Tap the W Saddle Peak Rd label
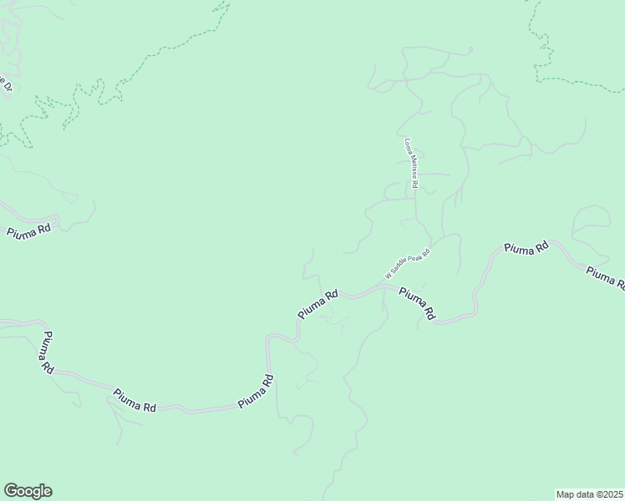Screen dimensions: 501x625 point(407,264)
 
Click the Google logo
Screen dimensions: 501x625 point(28,491)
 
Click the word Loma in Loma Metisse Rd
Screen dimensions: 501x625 point(409,145)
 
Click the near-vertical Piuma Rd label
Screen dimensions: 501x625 point(45,352)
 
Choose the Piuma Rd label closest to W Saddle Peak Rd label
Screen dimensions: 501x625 point(417,303)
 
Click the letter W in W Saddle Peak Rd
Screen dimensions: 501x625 point(389,276)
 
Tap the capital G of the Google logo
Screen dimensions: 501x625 point(12,491)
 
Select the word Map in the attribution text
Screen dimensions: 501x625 point(567,493)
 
